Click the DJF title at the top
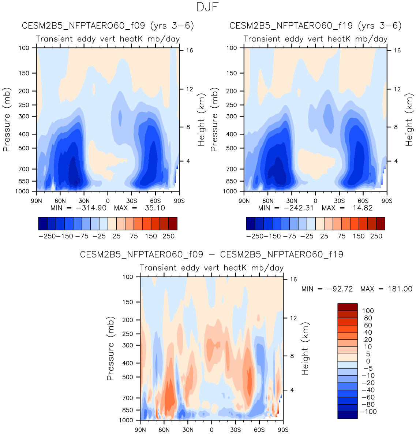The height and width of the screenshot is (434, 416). (207, 7)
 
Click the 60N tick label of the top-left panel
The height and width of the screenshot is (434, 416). (60, 201)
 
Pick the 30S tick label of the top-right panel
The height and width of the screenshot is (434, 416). (339, 201)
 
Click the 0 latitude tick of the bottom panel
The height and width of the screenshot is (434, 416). (211, 430)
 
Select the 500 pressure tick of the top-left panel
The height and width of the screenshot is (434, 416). (24, 148)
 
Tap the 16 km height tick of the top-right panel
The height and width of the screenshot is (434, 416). (397, 51)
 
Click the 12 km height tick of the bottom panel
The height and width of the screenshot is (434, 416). (293, 318)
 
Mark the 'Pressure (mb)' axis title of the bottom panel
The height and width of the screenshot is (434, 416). (110, 348)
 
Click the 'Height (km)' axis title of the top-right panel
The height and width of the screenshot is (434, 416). (409, 119)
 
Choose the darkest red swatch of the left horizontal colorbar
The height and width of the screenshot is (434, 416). (173, 223)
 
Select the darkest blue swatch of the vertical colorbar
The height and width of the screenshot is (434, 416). (347, 415)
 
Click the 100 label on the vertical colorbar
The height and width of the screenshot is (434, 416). (368, 311)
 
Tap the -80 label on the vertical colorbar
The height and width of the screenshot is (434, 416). (368, 404)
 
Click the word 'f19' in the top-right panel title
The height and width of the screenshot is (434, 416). (345, 26)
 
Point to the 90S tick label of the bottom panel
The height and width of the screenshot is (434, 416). (283, 430)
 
